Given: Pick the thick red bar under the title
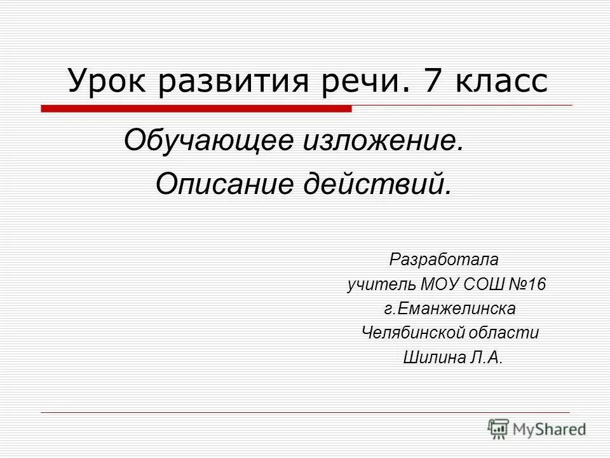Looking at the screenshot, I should (196, 109).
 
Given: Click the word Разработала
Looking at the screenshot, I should (444, 260).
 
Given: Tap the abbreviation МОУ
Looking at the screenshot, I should (438, 284).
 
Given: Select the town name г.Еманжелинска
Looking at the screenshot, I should (449, 309).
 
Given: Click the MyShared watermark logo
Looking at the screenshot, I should (537, 429).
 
